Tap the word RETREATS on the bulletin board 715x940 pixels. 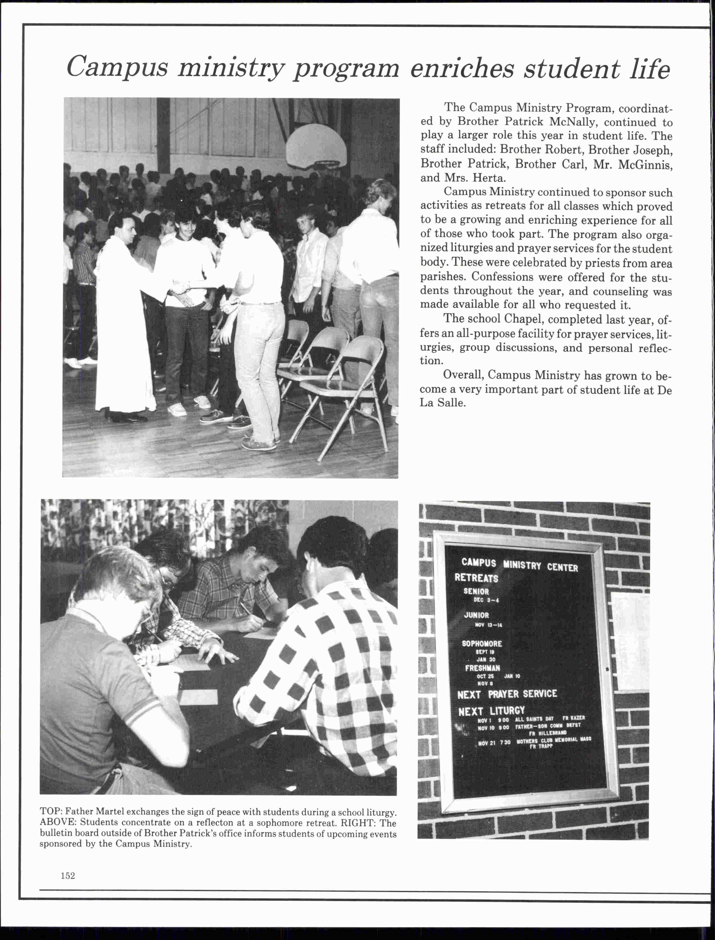(x=476, y=578)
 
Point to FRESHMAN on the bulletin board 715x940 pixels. (x=482, y=668)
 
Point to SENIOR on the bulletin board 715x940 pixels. (x=476, y=591)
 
